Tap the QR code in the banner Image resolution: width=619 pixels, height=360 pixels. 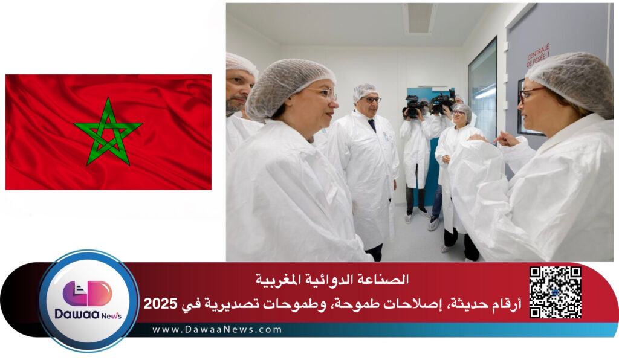pyautogui.click(x=555, y=292)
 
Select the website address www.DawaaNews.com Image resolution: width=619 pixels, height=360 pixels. pyautogui.click(x=218, y=330)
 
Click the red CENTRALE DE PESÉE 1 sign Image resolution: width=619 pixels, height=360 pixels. pyautogui.click(x=538, y=55)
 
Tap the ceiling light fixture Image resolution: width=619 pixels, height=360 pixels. pyautogui.click(x=420, y=18)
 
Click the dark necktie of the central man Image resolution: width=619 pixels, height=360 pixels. pyautogui.click(x=372, y=124)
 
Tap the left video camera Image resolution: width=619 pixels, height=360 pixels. pyautogui.click(x=412, y=106)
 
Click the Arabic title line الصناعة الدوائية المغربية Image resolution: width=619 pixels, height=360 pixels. pyautogui.click(x=332, y=279)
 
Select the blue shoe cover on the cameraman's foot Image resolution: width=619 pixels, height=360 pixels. pyautogui.click(x=433, y=224)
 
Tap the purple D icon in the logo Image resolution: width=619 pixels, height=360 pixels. pyautogui.click(x=88, y=293)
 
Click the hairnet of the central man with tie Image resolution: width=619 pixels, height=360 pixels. pyautogui.click(x=365, y=91)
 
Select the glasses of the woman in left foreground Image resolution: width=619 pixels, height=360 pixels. pyautogui.click(x=325, y=93)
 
